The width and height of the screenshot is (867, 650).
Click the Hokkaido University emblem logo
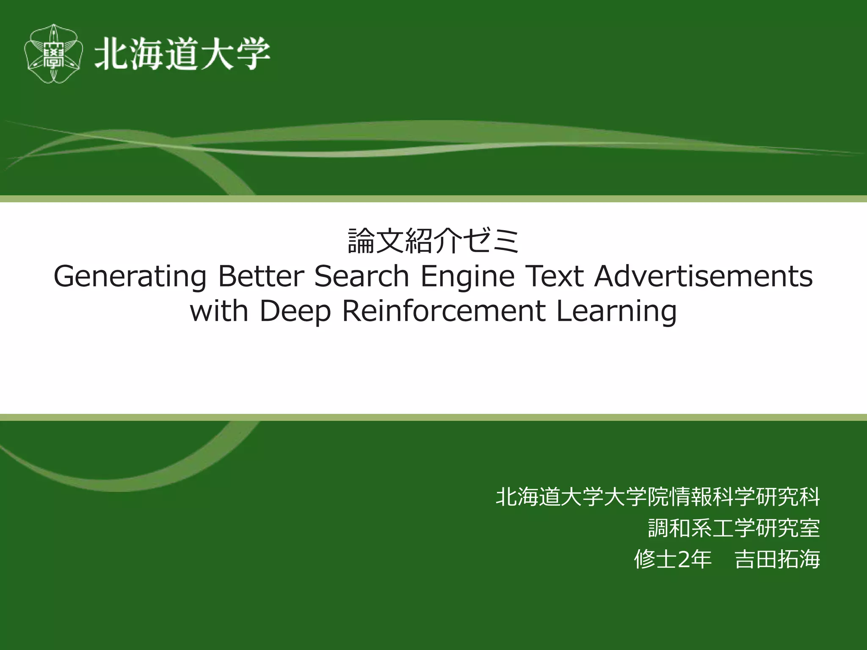click(53, 54)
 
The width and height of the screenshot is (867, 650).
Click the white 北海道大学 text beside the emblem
click(182, 54)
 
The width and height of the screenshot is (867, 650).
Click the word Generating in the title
click(130, 277)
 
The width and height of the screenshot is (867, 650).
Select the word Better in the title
click(261, 276)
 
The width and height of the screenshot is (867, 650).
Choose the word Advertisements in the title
click(703, 276)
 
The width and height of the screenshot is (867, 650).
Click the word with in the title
click(219, 311)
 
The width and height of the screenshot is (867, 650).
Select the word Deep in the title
click(295, 312)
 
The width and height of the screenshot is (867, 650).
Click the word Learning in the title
click(616, 312)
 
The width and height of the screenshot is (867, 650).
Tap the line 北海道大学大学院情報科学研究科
click(657, 496)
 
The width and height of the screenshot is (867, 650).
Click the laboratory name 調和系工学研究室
click(734, 528)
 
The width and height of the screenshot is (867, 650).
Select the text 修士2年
click(672, 559)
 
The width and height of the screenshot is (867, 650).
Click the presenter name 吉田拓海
click(777, 559)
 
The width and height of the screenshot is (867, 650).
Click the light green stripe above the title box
click(433, 199)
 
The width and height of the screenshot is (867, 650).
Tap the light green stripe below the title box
click(433, 417)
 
